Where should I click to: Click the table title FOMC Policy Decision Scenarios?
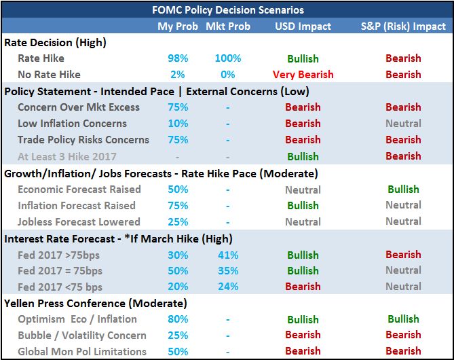coord(228,10)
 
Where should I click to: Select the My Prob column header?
coord(178,26)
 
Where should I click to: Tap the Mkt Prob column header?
coord(228,26)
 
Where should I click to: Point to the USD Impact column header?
coord(303,26)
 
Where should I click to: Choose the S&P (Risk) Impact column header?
coord(403,26)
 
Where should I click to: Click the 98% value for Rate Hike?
coord(178,58)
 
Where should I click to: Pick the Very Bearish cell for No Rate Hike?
coord(303,75)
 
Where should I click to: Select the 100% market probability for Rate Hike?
coord(228,58)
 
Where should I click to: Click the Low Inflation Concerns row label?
coord(72,124)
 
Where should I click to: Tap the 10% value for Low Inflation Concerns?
coord(178,124)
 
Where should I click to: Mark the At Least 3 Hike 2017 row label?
coord(67,156)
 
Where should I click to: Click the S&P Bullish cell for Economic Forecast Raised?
coord(403,190)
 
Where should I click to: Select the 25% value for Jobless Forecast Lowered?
coord(178,222)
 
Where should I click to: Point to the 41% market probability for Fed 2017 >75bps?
coord(228,255)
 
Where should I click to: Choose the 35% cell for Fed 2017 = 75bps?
coord(228,271)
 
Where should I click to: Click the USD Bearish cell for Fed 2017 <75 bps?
coord(303,287)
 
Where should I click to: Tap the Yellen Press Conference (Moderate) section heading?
coord(96,304)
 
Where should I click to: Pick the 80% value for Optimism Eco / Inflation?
coord(178,319)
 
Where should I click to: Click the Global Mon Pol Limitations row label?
coord(82,352)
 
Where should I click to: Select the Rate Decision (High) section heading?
coord(55,43)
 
